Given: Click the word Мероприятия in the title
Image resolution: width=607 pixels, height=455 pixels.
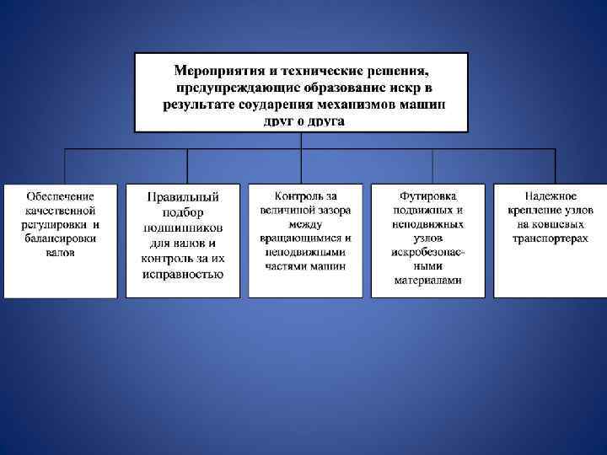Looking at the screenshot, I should point(214,70).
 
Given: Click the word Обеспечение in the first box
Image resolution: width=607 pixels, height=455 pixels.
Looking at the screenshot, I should point(60,196).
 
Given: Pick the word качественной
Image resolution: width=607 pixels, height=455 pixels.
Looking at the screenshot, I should point(60,211).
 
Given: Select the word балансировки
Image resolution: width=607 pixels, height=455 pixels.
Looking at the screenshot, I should point(60,238).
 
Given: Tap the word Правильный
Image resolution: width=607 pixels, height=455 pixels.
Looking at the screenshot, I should point(183,196).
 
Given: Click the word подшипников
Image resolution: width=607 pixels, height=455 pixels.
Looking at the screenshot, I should point(183,227).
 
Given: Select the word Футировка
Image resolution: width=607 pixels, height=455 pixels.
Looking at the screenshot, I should point(428,196).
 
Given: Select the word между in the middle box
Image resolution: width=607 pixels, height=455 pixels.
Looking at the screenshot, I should point(305,224).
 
